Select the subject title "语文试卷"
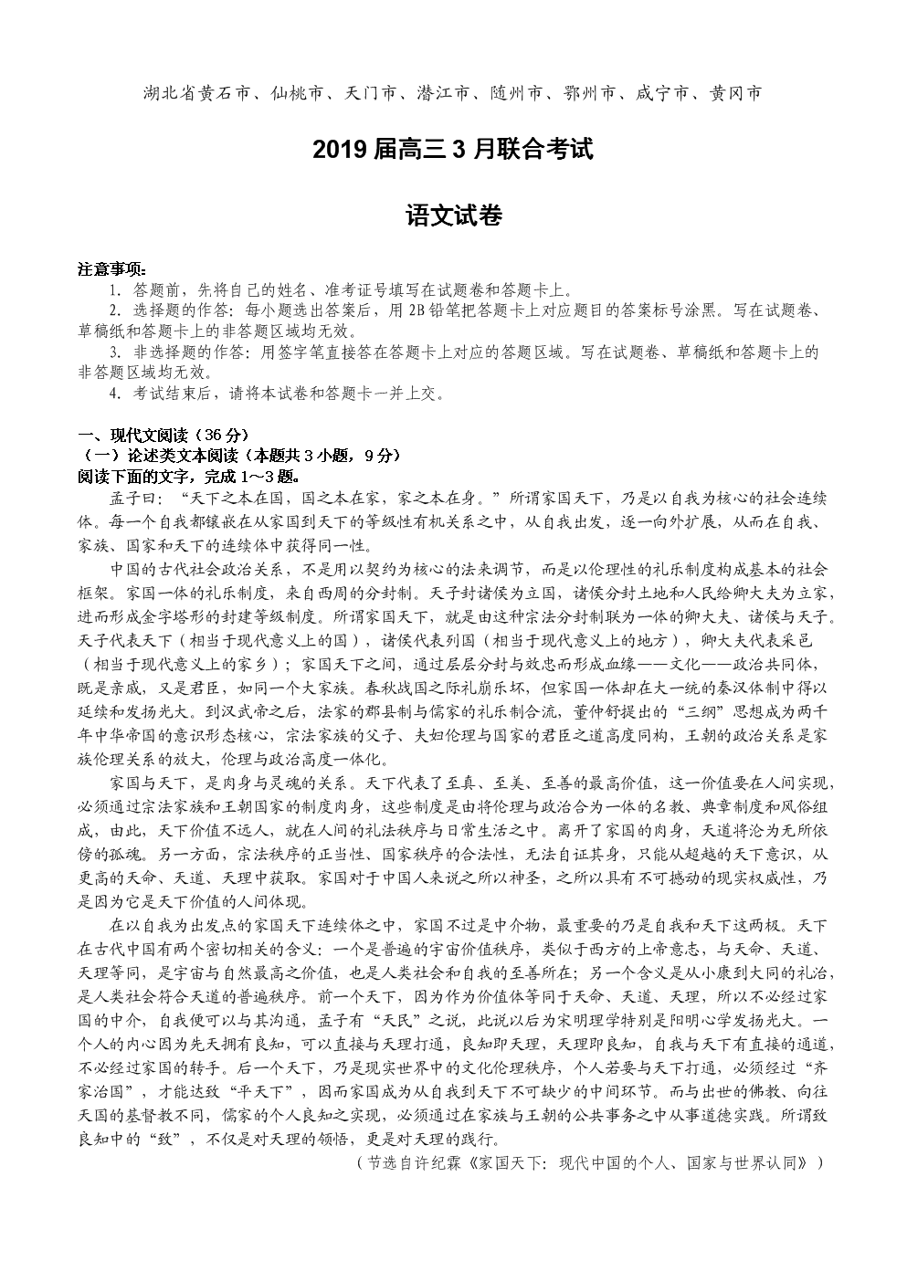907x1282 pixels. (x=453, y=216)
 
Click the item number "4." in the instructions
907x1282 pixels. (x=115, y=394)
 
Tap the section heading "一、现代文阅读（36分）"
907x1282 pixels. (x=163, y=435)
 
